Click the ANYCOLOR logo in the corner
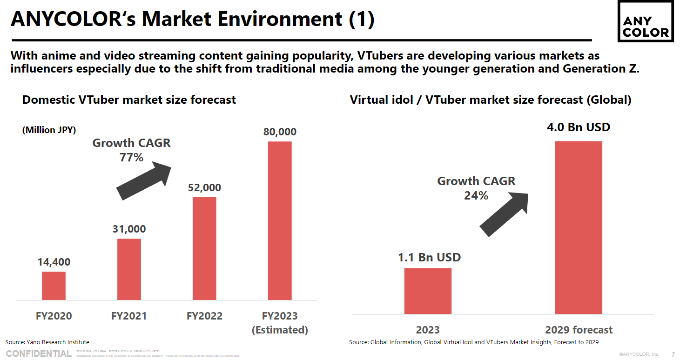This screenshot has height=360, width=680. (x=645, y=21)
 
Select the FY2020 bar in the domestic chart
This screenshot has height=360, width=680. (x=54, y=286)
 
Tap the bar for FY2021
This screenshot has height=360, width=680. (x=129, y=269)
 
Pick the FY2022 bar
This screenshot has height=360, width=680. (x=204, y=248)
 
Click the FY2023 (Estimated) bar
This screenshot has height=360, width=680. (x=280, y=220)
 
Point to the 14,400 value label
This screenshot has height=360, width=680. (x=54, y=262)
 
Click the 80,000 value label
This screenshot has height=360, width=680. (x=280, y=132)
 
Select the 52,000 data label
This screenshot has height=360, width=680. (x=204, y=188)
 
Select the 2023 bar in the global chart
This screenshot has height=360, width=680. (x=428, y=291)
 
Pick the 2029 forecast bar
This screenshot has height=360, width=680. (x=579, y=227)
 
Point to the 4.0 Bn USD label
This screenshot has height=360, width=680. (x=578, y=127)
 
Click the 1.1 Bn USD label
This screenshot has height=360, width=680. (x=429, y=257)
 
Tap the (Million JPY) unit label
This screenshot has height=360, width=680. (x=49, y=130)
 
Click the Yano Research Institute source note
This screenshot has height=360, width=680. (x=47, y=342)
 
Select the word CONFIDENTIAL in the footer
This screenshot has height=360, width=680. (x=39, y=353)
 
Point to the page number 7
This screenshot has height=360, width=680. (x=673, y=354)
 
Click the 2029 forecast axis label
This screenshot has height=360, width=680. (x=579, y=330)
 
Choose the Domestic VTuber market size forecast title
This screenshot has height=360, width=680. (x=129, y=100)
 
